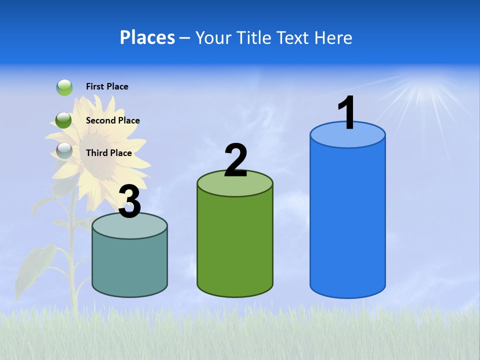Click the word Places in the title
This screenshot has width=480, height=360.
[147, 37]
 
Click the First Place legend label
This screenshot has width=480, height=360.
[107, 86]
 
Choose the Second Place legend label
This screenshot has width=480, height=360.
[112, 120]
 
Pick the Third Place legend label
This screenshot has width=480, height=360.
[108, 153]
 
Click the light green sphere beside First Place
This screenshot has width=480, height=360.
[64, 87]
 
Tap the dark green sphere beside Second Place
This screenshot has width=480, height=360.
[63, 120]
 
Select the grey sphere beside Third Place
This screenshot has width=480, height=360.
[64, 150]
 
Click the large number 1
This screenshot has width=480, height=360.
[347, 113]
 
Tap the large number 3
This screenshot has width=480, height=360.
[130, 202]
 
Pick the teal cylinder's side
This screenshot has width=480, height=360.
[130, 265]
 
